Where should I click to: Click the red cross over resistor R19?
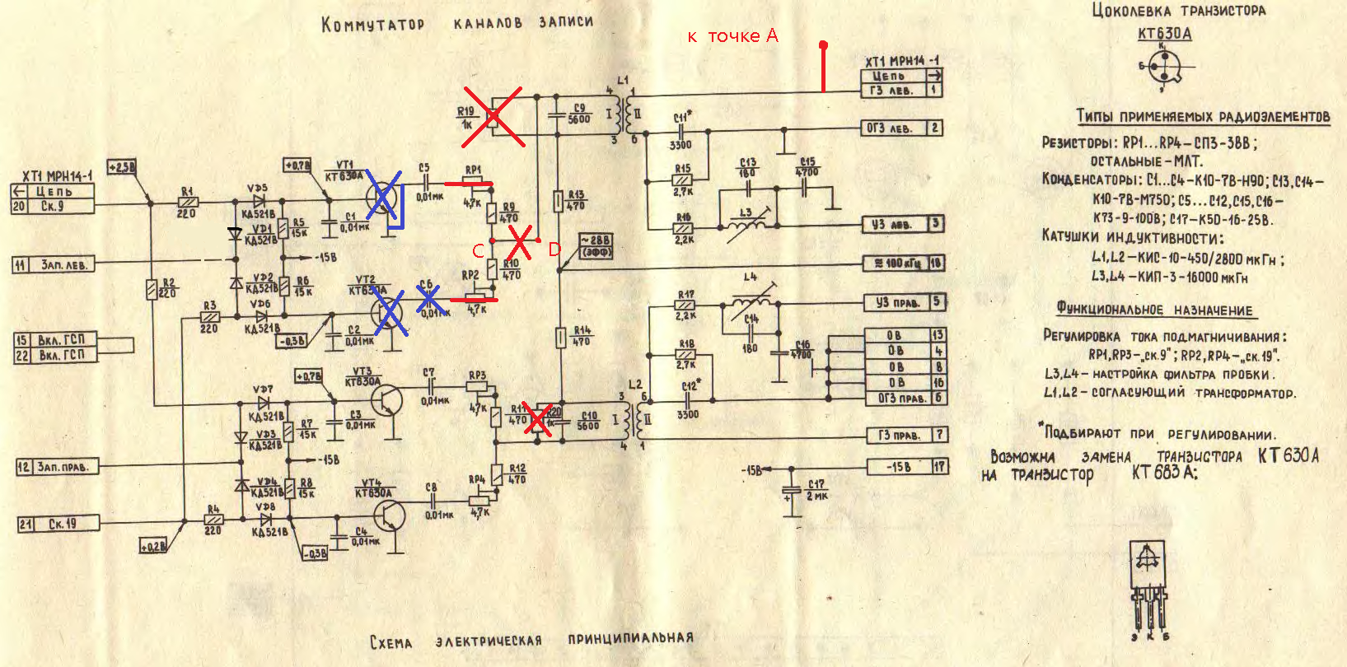(493, 117)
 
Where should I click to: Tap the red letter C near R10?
(478, 251)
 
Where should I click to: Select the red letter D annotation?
(554, 249)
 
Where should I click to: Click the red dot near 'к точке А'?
(823, 45)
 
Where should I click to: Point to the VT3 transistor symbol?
(386, 399)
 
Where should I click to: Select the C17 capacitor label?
(816, 484)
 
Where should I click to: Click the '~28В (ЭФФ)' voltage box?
(596, 246)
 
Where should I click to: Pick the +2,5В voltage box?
(121, 167)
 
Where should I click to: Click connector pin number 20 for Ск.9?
(19, 206)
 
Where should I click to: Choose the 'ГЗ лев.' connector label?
(891, 91)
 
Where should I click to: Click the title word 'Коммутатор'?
(372, 24)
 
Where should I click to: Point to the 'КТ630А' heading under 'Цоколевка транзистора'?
(1164, 34)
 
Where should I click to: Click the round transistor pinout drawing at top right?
(1165, 66)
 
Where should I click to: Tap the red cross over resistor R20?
(539, 419)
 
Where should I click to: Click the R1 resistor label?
(187, 190)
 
